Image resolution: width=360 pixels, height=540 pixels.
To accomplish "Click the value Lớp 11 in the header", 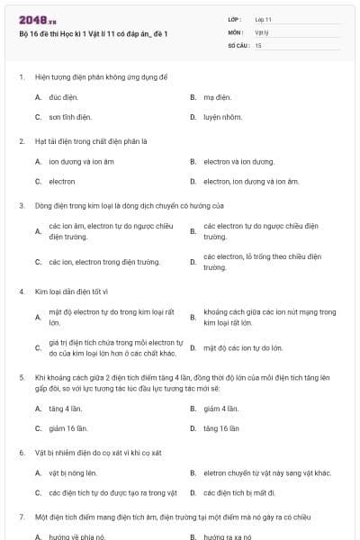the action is point(264,19).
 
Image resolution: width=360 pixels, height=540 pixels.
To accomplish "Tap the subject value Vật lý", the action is point(262,31).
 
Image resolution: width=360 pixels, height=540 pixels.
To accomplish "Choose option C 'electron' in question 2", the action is point(62,182).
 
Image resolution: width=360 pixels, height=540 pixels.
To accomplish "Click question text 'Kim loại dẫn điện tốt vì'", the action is point(72,292).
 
